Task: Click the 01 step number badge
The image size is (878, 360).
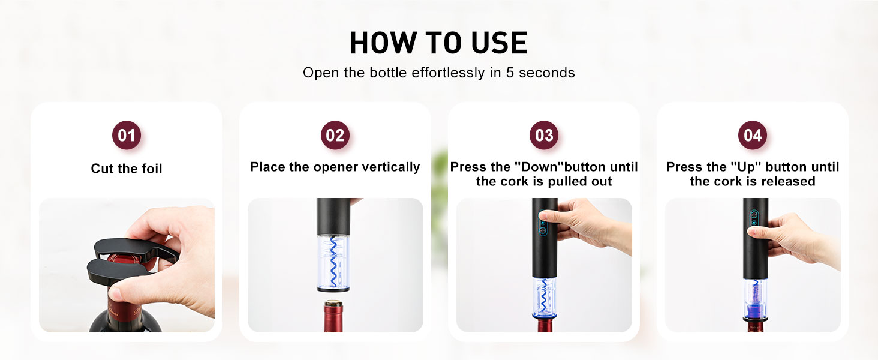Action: point(127,135)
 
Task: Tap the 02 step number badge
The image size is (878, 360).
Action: point(335,135)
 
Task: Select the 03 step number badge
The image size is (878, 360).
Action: point(544,135)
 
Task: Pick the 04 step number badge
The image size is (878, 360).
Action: point(753,135)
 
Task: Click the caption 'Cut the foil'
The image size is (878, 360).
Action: point(127,169)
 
